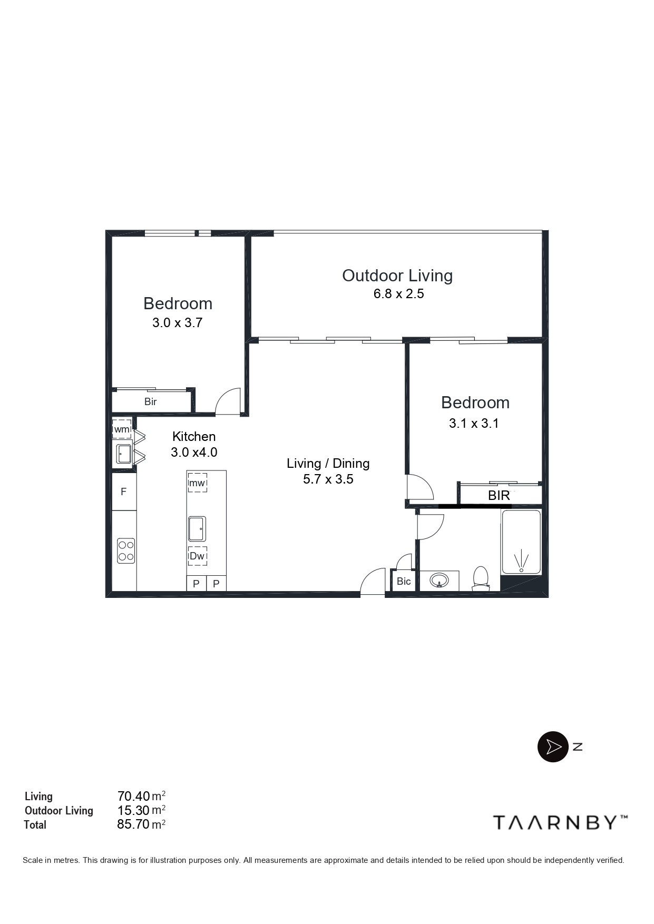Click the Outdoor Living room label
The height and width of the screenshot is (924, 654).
click(397, 276)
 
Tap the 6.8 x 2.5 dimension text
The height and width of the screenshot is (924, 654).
click(398, 294)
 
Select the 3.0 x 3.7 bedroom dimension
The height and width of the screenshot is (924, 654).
click(177, 323)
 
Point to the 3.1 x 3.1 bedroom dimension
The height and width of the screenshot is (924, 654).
click(474, 423)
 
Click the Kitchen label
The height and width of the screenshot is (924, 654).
click(194, 436)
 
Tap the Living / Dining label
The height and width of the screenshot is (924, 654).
click(328, 463)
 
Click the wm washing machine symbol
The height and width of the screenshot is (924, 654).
click(122, 429)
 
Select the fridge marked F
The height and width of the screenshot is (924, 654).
click(124, 492)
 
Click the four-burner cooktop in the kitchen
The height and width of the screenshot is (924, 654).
click(126, 551)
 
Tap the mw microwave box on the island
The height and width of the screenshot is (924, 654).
click(197, 483)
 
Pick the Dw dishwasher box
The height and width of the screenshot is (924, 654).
click(197, 556)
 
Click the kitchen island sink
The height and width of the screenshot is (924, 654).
click(197, 528)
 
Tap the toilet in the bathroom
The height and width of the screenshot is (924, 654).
click(480, 578)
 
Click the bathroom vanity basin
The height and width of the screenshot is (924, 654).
click(439, 581)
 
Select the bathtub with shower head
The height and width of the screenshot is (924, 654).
click(521, 542)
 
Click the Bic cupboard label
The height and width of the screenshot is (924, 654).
click(404, 582)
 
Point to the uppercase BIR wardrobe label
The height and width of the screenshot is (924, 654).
click(499, 495)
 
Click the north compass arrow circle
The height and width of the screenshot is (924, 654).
click(553, 746)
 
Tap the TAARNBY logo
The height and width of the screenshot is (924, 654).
click(560, 822)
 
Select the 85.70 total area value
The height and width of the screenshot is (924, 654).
click(133, 824)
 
